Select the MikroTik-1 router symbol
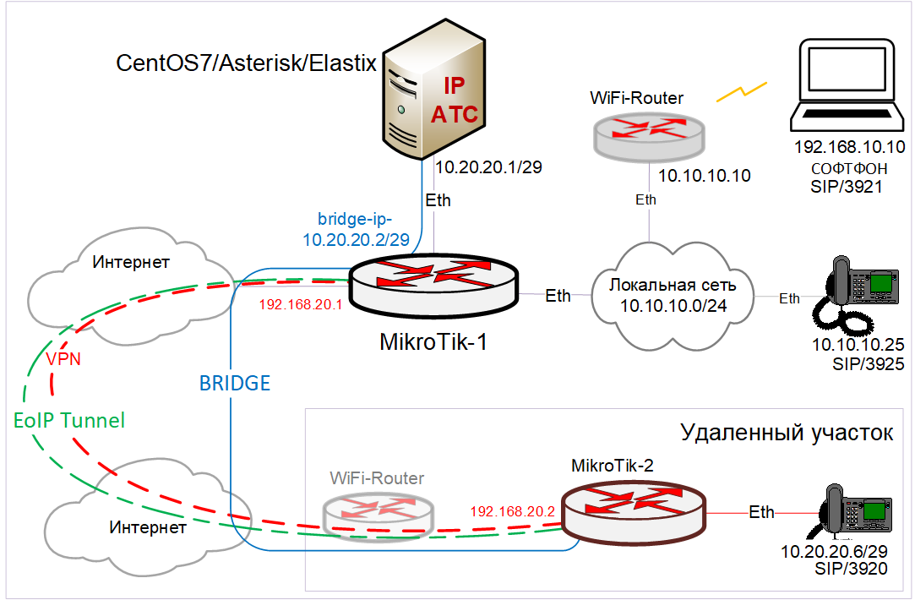433,286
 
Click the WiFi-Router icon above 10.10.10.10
649,137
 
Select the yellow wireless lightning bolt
742,91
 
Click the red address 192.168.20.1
301,304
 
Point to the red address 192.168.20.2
512,511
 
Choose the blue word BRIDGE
235,383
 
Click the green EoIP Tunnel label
69,420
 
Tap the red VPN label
63,358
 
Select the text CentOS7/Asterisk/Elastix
246,63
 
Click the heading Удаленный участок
787,433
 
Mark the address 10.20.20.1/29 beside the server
489,167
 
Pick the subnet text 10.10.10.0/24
673,305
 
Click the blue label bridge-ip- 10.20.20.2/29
356,229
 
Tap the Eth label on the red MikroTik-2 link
761,512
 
